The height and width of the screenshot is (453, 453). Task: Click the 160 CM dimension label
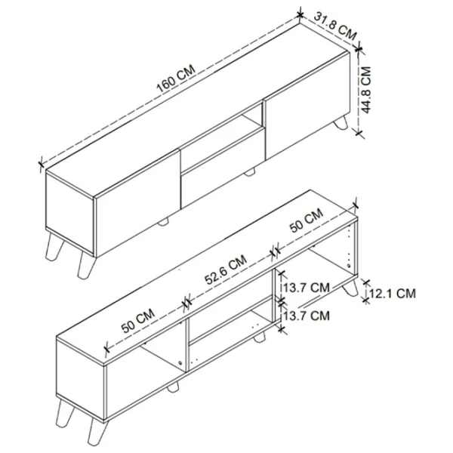coord(176,79)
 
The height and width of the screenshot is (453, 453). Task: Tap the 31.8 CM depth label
coord(335,26)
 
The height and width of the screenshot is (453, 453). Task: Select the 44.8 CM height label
coord(365,90)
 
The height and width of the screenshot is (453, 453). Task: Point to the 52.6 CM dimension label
coord(226,270)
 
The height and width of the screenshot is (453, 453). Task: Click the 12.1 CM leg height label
coord(393,294)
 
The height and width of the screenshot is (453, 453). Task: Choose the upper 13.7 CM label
coord(306,288)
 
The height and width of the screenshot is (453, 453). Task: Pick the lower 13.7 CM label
coord(306,316)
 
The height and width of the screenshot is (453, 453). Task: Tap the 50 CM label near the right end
coord(307,220)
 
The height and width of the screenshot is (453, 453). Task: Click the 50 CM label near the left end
coord(138,320)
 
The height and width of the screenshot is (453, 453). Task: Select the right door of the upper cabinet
coord(307,105)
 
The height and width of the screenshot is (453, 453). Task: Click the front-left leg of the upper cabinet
coord(85,265)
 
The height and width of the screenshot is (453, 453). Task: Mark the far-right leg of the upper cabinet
coord(341,122)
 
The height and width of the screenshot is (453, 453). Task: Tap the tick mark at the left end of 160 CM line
coord(41,164)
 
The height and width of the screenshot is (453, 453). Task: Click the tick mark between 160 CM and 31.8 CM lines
coord(300,15)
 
